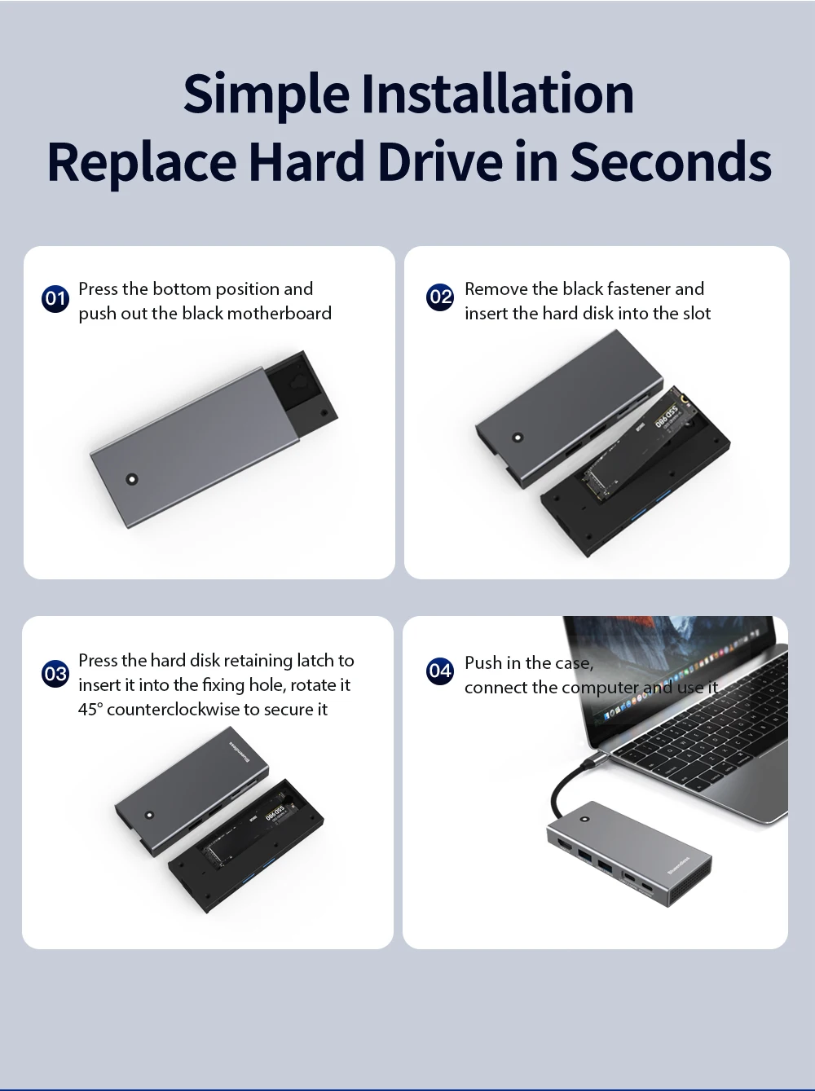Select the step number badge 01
55,299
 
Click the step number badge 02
440,297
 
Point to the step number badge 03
55,674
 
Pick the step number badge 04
440,671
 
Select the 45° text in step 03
90,710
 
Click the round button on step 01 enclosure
132,479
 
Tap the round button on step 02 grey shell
518,438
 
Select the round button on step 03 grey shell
148,816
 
